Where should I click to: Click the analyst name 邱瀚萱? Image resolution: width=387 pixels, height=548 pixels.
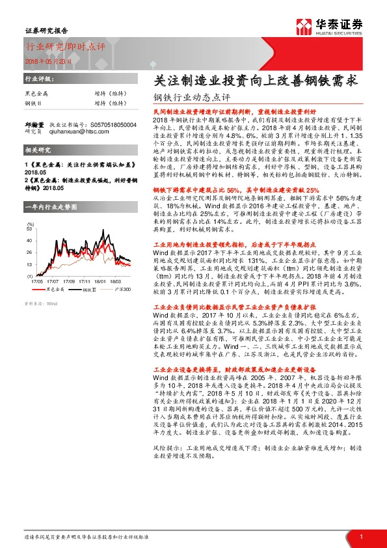[34, 124]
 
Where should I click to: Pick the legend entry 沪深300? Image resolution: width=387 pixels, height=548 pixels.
[123, 289]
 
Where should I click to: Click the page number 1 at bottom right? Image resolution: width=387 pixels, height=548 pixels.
[360, 536]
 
